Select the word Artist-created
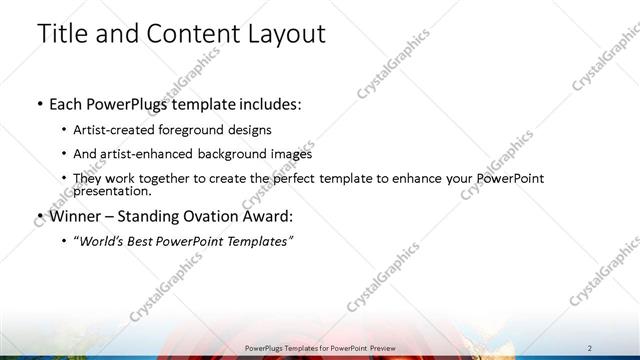(111, 129)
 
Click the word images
(284, 154)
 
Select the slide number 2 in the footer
(590, 347)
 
